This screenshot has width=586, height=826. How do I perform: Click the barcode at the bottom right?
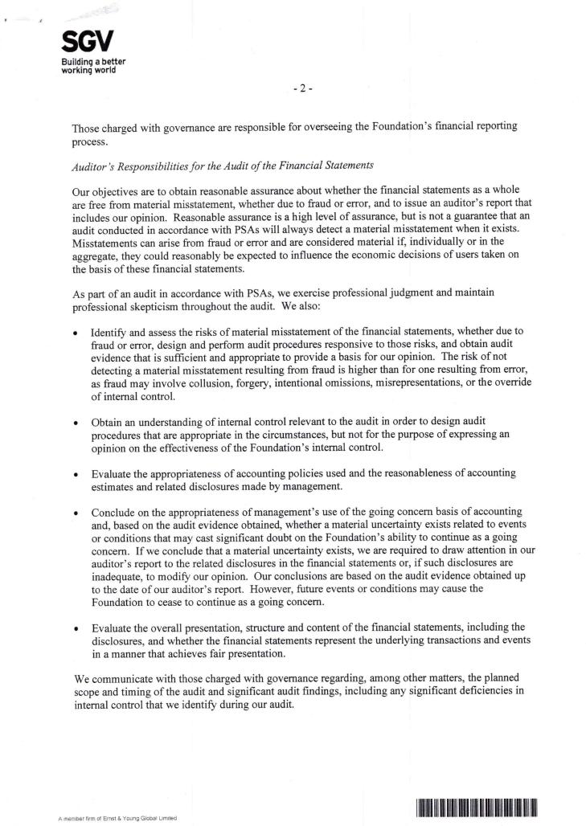(x=477, y=808)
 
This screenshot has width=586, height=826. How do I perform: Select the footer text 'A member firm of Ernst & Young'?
(x=117, y=818)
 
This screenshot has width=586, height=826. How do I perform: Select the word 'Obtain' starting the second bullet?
(x=109, y=421)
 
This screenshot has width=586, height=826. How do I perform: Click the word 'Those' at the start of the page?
(x=87, y=126)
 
